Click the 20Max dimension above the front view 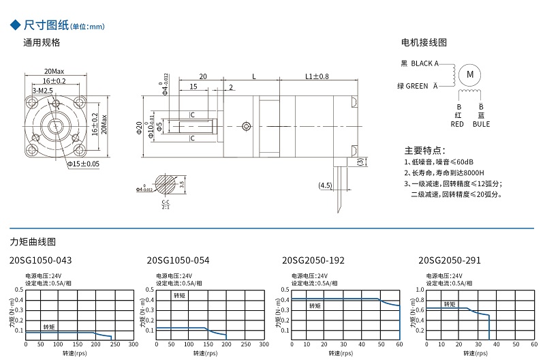point(54,71)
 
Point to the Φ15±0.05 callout point(83,164)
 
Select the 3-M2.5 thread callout point(43,90)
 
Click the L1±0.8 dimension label point(317,76)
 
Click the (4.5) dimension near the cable point(325,185)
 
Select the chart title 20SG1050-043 point(41,260)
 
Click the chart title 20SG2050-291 point(450,260)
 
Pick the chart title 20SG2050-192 point(313,260)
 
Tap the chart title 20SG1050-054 point(178,260)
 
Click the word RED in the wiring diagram point(458,124)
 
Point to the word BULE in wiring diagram point(481,124)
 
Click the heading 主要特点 point(425,150)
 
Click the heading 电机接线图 point(424,42)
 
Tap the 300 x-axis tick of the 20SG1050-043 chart point(133,344)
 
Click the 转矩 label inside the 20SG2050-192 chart point(315,306)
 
